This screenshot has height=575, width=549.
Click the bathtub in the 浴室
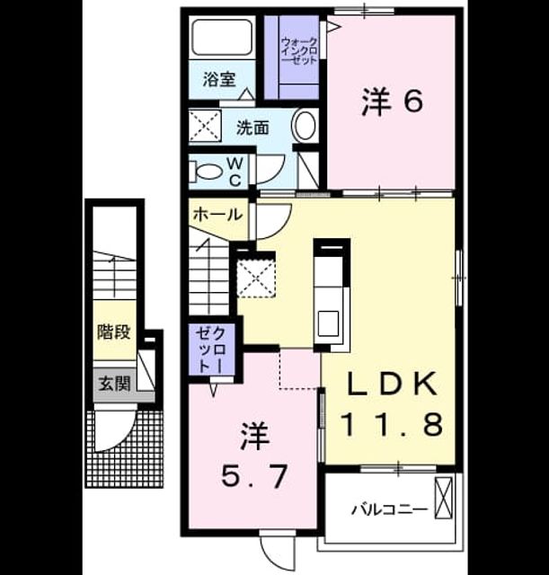point(222,37)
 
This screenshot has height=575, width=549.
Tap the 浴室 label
point(219,80)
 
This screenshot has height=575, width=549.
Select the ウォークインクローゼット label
point(299,51)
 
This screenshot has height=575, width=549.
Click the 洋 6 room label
point(392,102)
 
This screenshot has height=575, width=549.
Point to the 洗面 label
point(252,128)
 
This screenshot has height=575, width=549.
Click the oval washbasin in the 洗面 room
point(305,126)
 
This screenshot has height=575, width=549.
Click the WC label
point(235,172)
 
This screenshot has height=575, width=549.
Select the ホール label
point(217,214)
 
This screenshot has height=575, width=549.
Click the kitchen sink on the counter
point(328,323)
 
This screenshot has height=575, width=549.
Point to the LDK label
point(392,384)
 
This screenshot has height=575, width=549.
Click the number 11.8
point(392,424)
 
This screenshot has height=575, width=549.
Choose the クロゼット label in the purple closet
point(211,350)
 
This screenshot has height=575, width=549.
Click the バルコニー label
point(390,509)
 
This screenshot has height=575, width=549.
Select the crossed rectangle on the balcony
point(443,498)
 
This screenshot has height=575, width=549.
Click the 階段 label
point(114,332)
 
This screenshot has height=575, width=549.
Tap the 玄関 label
point(114,385)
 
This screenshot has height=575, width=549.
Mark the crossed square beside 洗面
point(205,126)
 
